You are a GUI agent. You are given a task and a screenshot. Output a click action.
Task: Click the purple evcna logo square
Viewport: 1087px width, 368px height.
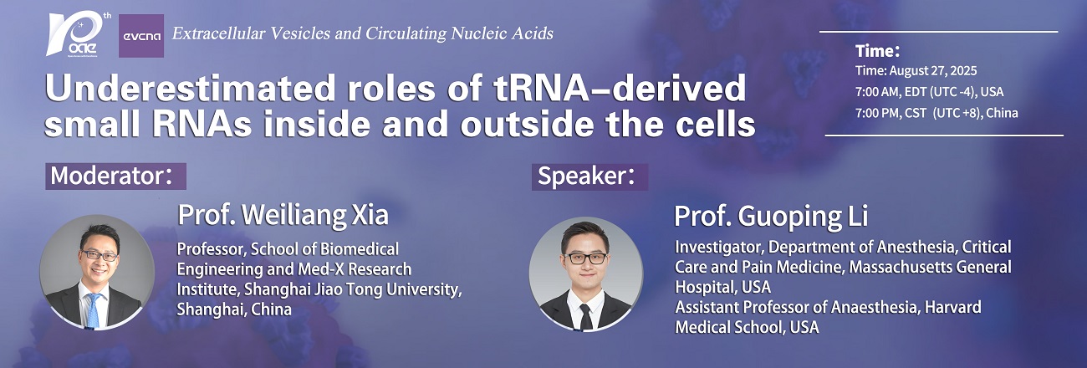pyautogui.click(x=141, y=36)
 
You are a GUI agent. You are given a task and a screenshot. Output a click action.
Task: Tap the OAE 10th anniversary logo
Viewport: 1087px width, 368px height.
pyautogui.click(x=79, y=34)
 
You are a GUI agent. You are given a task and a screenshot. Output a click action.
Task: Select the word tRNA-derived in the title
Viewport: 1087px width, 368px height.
pyautogui.click(x=620, y=89)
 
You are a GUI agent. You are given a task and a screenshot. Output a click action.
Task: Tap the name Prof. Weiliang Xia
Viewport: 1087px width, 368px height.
pyautogui.click(x=283, y=215)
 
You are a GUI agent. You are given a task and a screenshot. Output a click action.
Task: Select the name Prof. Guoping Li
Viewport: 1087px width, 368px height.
pyautogui.click(x=771, y=217)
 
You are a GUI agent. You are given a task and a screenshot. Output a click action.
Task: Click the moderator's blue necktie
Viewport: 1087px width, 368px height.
pyautogui.click(x=94, y=311)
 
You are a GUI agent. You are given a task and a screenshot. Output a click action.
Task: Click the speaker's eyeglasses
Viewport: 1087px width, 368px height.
pyautogui.click(x=586, y=258)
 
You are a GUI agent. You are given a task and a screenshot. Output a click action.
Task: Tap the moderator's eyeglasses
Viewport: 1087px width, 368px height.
pyautogui.click(x=99, y=255)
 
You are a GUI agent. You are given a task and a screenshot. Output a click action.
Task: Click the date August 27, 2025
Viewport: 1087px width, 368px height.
pyautogui.click(x=932, y=71)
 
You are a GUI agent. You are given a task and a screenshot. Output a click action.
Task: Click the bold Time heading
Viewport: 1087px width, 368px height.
pyautogui.click(x=877, y=51)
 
